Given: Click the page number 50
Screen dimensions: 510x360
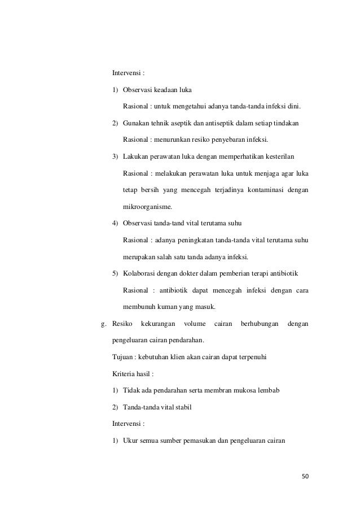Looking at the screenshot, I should (306, 476).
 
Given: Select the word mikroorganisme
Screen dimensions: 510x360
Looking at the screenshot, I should (147, 207).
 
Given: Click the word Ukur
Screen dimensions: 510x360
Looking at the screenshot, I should (130, 440).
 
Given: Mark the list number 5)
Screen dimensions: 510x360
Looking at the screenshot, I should (116, 274).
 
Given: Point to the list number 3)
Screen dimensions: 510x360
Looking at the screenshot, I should (116, 156).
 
